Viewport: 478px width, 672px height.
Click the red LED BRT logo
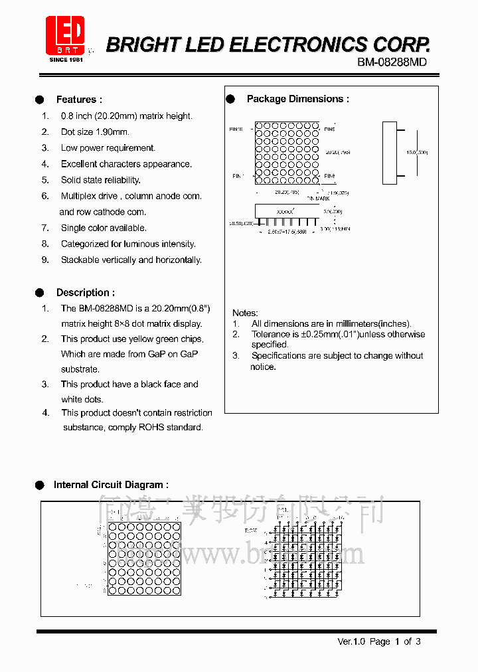(x=64, y=36)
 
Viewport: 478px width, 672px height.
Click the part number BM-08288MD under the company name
(x=391, y=62)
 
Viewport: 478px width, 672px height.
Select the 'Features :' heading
(x=79, y=100)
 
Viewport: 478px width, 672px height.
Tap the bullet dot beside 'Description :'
(x=40, y=293)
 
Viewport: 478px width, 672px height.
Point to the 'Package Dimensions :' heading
(x=297, y=99)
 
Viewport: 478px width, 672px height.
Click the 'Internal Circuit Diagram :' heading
(x=111, y=485)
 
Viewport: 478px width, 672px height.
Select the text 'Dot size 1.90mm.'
(x=95, y=132)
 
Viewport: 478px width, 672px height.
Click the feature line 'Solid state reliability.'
(x=100, y=180)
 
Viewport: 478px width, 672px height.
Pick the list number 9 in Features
(x=45, y=260)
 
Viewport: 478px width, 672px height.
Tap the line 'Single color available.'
(x=104, y=228)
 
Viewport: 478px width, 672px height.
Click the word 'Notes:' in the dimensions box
(x=245, y=313)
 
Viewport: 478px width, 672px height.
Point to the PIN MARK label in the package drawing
(x=318, y=199)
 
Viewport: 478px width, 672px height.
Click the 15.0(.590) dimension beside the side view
(x=417, y=153)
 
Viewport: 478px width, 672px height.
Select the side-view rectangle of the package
(x=390, y=152)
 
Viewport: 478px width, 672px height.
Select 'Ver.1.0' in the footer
(x=351, y=641)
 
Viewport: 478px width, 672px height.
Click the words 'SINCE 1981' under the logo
(x=65, y=60)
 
